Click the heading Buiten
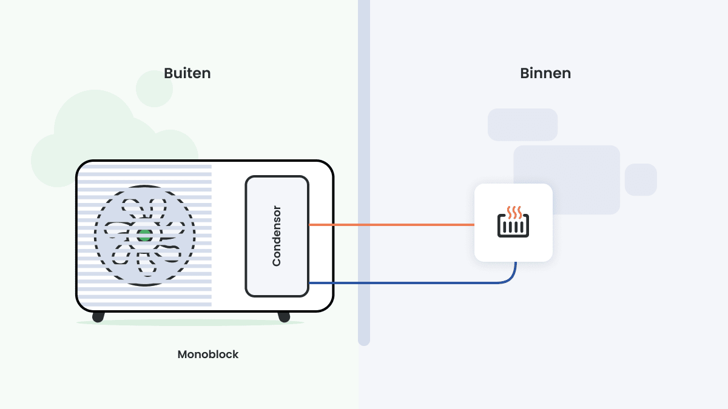coord(187,73)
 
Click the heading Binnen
coord(545,73)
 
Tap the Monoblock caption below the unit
coord(208,354)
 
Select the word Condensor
coord(277,236)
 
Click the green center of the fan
coord(144,236)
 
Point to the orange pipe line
coord(391,225)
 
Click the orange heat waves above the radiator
coord(514,211)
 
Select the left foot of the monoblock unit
coord(98,317)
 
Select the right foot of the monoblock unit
coord(283,317)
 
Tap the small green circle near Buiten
coord(154,88)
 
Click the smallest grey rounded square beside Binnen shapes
coord(641,179)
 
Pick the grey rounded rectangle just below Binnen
coord(522,124)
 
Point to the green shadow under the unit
coord(189,323)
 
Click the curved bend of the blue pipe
coord(511,278)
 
